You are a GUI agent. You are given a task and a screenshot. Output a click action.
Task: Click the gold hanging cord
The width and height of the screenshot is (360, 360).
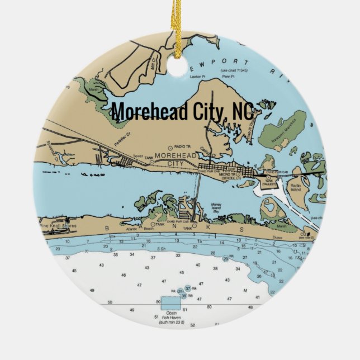click(178, 28)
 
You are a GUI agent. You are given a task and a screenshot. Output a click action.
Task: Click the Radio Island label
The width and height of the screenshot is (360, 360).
click(296, 188)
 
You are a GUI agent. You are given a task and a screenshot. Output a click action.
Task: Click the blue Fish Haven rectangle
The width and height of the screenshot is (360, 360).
click(170, 304)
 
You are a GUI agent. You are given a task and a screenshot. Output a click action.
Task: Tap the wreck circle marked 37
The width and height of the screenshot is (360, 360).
click(188, 288)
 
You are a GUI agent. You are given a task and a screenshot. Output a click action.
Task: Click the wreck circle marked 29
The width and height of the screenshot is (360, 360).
click(225, 258)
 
